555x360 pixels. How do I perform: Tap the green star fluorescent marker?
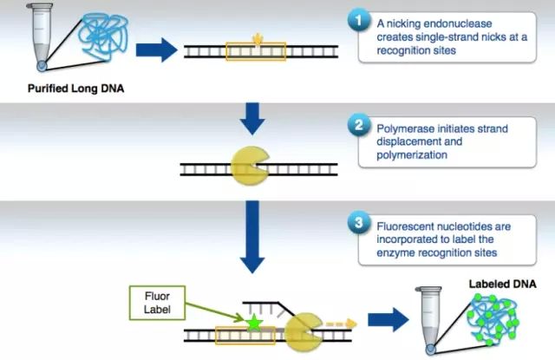(x=254, y=324)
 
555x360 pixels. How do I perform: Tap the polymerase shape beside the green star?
(x=304, y=331)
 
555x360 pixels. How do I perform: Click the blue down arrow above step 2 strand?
(x=251, y=118)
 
